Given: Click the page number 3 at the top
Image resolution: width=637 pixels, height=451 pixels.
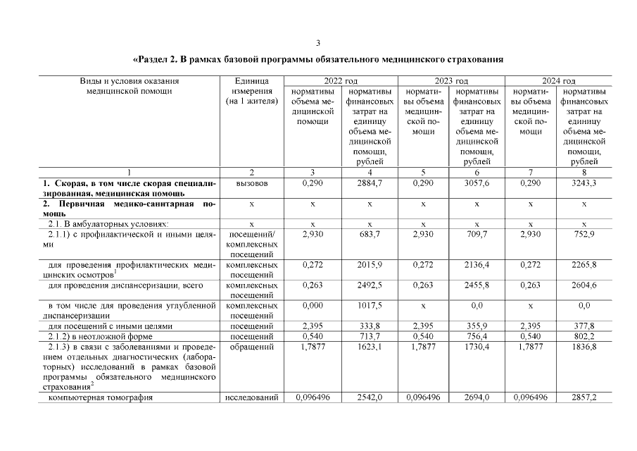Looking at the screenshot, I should pyautogui.click(x=318, y=42).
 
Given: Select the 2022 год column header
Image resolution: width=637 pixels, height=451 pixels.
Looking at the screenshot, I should pyautogui.click(x=340, y=81).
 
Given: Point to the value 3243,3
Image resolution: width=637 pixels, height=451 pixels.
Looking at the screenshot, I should pyautogui.click(x=584, y=183).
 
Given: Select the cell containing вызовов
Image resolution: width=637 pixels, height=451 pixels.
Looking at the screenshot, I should pyautogui.click(x=251, y=183).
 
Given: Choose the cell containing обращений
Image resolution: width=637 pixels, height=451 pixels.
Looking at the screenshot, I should pyautogui.click(x=251, y=347).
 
